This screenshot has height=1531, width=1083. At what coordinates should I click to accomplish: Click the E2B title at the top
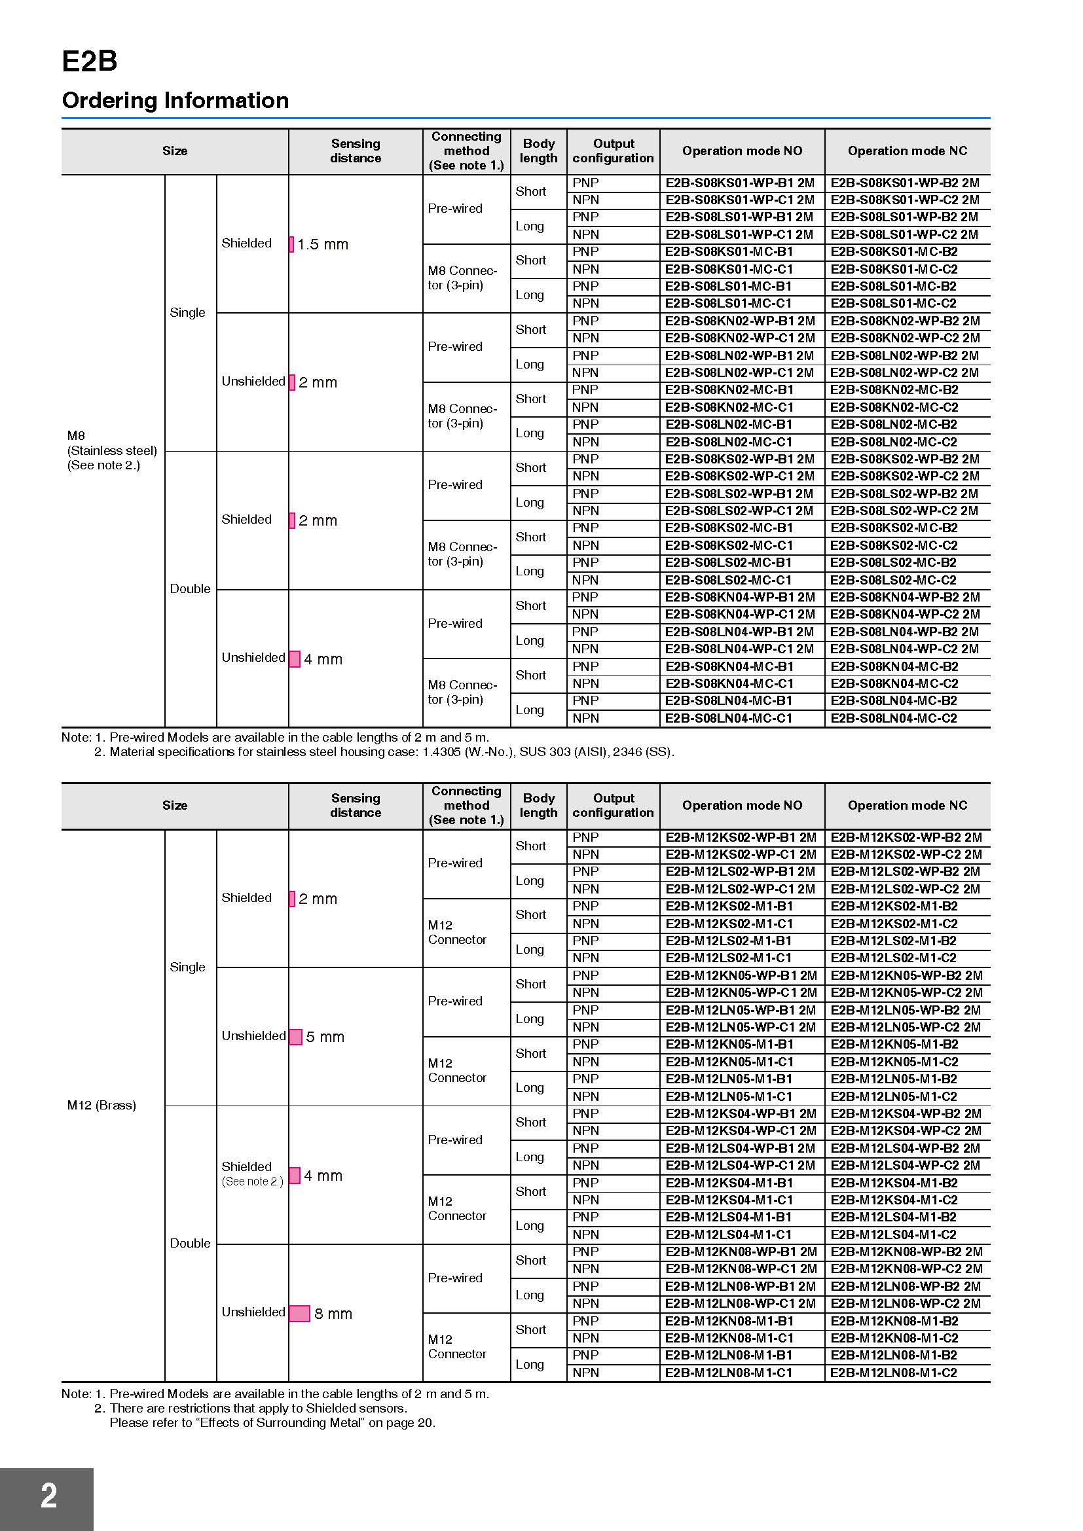click(x=89, y=62)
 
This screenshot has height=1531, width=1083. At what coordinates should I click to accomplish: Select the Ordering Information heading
click(x=175, y=101)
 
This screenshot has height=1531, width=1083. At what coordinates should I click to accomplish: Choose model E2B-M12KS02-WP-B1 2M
click(x=741, y=838)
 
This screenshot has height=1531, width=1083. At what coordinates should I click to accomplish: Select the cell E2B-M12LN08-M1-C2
click(x=894, y=1373)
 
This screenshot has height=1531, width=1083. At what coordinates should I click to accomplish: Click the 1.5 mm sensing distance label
click(x=323, y=245)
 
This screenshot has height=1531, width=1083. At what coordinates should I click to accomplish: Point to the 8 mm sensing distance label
click(x=333, y=1314)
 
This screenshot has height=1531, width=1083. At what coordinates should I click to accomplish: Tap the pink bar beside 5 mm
click(x=295, y=1037)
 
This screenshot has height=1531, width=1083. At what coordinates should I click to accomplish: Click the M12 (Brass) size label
click(x=101, y=1105)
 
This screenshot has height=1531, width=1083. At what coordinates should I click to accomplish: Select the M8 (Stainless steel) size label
click(x=112, y=450)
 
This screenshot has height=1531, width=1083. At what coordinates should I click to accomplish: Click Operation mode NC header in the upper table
click(x=907, y=151)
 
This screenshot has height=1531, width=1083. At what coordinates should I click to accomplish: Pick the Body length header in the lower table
click(x=538, y=806)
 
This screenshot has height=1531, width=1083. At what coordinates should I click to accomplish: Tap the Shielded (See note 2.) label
click(x=252, y=1174)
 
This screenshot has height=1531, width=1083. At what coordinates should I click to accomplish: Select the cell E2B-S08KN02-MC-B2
click(x=894, y=390)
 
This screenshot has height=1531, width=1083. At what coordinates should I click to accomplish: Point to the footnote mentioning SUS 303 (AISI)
click(x=392, y=752)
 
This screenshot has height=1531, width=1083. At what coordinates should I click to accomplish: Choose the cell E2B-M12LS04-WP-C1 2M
click(x=741, y=1166)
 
